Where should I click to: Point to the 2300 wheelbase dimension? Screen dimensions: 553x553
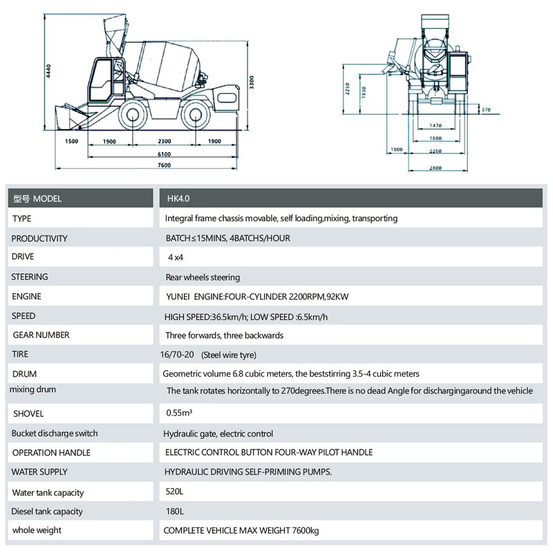click(164, 141)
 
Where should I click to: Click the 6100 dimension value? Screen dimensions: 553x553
click(164, 153)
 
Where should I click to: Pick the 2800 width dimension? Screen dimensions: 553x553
click(435, 168)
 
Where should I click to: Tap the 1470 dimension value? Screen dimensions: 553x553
click(435, 125)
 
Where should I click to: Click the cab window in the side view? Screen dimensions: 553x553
click(102, 75)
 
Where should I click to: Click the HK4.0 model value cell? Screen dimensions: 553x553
click(178, 198)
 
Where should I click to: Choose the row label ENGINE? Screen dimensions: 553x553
click(26, 297)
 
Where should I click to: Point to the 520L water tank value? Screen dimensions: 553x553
click(175, 492)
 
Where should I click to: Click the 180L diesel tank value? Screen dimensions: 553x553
click(175, 512)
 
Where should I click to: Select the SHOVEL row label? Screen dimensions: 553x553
click(28, 413)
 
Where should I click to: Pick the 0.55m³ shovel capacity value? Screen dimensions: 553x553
click(179, 413)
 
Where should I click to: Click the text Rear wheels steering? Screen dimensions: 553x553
click(203, 277)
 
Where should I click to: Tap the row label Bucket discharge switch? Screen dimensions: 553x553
click(55, 433)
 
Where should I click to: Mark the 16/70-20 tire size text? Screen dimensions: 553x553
click(178, 355)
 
